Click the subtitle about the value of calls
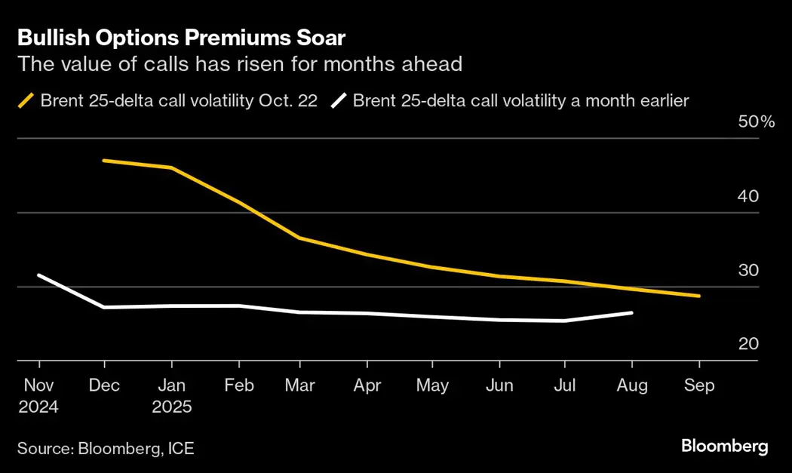click(x=239, y=64)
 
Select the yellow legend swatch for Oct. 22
click(x=26, y=100)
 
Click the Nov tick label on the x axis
click(x=38, y=385)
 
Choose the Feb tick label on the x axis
click(x=238, y=385)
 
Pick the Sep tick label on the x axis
click(x=698, y=385)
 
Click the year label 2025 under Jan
click(x=171, y=407)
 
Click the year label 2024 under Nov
click(x=38, y=407)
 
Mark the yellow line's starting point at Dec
click(x=104, y=161)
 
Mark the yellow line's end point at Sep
click(x=699, y=296)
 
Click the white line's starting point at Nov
click(x=38, y=275)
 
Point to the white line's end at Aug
click(x=632, y=312)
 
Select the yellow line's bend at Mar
click(x=299, y=238)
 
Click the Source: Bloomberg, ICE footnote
click(x=106, y=449)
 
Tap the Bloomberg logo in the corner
click(x=724, y=446)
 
